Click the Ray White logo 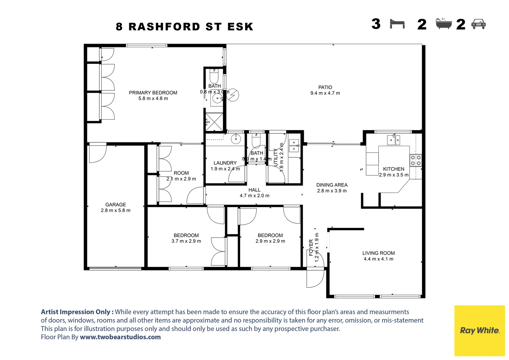coord(479,330)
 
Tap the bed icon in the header coord(397,24)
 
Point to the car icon coord(479,24)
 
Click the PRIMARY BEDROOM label coord(153,93)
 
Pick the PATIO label coord(325,87)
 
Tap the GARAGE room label coord(116,205)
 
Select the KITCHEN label coord(393,169)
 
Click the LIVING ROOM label coord(378,253)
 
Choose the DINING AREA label coord(332,185)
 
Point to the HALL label coord(254,190)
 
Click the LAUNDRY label coord(225,163)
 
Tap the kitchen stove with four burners coord(415,160)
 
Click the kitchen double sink coord(393,140)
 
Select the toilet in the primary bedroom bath coord(214,76)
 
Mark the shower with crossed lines coord(214,122)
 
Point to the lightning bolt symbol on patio coord(233,95)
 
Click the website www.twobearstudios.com coord(120,337)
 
